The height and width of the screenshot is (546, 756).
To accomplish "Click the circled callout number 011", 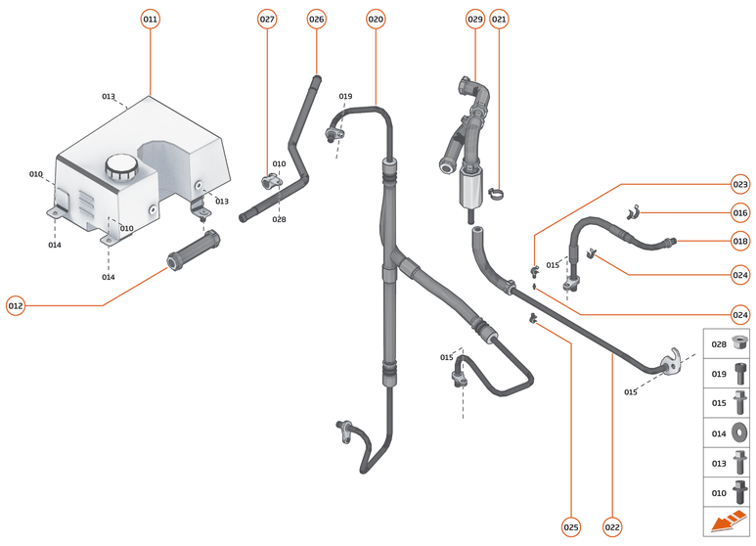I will click(x=150, y=19).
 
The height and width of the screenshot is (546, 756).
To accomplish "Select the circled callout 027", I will click(x=267, y=19).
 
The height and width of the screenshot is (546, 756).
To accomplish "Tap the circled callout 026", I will click(x=316, y=19).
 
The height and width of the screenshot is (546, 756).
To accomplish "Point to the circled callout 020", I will click(x=376, y=19).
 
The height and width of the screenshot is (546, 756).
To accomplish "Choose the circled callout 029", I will click(x=475, y=19).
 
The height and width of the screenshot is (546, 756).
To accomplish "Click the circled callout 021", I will click(x=499, y=19).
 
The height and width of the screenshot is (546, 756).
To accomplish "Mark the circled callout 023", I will click(x=740, y=183).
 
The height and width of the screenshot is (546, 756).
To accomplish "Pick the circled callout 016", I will click(x=740, y=212).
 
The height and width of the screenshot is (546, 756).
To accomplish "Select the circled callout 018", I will click(x=740, y=241).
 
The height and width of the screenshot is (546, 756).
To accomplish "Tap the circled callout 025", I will click(x=571, y=526).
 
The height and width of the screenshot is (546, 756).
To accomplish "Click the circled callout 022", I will click(x=612, y=526).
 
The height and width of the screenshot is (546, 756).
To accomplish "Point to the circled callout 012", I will click(x=16, y=305).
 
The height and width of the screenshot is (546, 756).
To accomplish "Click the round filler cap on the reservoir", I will click(x=122, y=165).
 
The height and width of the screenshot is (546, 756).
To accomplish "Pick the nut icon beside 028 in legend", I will click(x=739, y=343).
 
